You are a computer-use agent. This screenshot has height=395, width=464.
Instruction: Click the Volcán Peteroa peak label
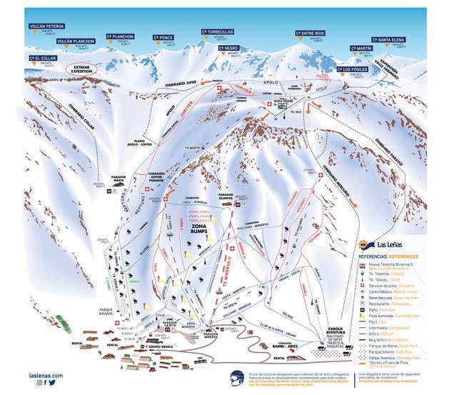pos(46,26)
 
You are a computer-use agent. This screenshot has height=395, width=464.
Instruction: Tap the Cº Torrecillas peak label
pos(218,32)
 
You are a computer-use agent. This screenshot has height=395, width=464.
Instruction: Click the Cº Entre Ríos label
pos(310,33)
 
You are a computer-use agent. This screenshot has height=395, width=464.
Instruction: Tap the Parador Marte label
pos(118,179)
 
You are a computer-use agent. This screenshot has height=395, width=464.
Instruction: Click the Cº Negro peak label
pos(228,49)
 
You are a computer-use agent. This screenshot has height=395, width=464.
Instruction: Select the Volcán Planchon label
pos(75,41)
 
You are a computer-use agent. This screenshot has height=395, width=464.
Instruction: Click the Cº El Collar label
pos(42,58)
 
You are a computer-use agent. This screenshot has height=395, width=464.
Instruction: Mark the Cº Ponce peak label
pos(163,37)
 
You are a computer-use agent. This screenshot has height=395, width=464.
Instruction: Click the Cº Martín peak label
pos(361,49)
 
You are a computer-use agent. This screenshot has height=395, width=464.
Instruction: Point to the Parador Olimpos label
pos(226,194)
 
